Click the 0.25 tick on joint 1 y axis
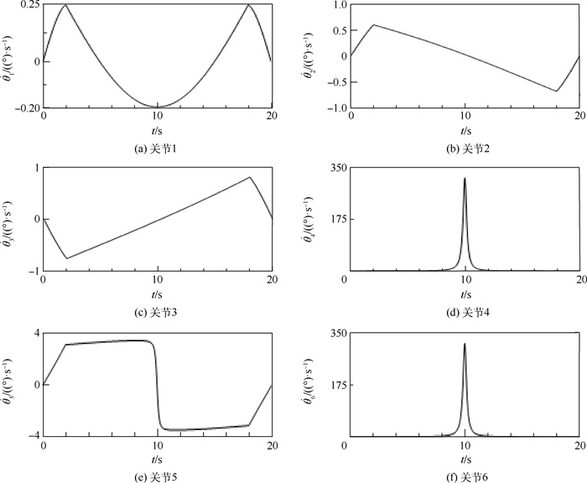(x=29, y=6)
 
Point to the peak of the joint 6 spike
(x=465, y=343)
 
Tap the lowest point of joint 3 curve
(x=66, y=258)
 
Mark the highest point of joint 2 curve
(x=373, y=24)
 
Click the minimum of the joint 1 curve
(x=157, y=106)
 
